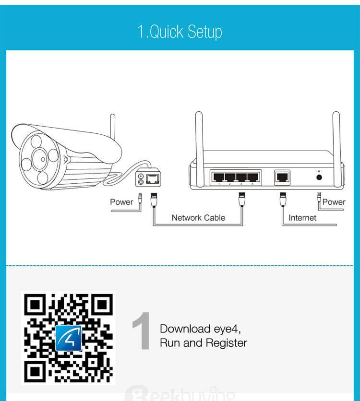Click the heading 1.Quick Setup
coord(180,32)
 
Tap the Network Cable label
coord(198,218)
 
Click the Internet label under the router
coord(302,218)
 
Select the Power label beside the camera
coord(121,202)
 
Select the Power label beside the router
coord(334,202)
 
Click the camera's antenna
coord(112,127)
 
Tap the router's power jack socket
coord(318,177)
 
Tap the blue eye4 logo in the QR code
coord(69,338)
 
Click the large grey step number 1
coord(142,330)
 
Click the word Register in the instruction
coord(226,343)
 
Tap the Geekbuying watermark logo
coord(180,395)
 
